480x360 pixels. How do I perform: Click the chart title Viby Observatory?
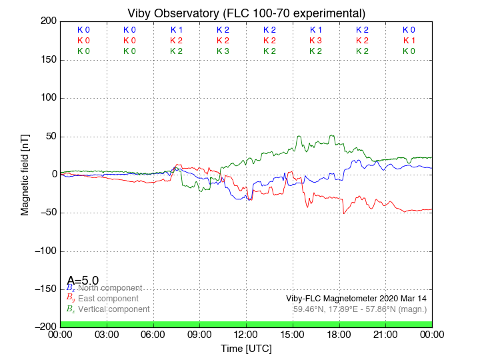coord(246,13)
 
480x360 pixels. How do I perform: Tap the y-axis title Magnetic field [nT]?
coord(25,173)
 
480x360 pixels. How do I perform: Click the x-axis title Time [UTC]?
coord(246,348)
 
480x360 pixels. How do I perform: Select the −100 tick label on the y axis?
coord(42,251)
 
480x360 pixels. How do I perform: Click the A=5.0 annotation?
coord(83,281)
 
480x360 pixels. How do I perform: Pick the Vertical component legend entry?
coord(113,309)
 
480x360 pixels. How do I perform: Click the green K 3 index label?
coord(223,51)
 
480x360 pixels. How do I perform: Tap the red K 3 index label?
coord(316,41)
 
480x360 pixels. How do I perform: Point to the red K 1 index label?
coord(409,41)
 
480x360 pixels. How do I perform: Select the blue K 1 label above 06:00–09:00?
coord(177,30)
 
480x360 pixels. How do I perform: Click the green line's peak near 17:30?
coord(331,136)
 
